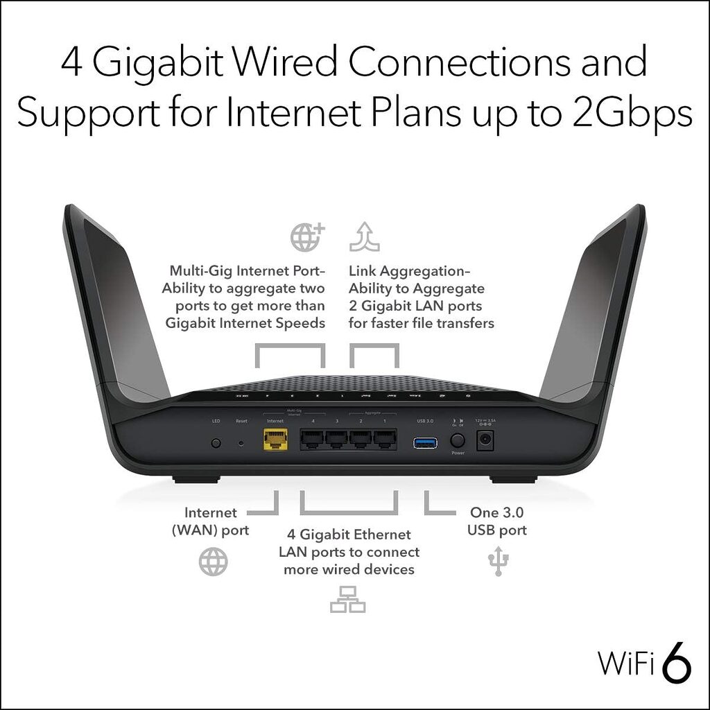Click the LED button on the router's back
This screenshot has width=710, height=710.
pos(216,442)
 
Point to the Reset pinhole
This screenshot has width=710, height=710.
pos(241,442)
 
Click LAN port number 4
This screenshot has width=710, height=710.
pos(312,439)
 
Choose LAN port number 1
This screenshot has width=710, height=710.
pos(384,439)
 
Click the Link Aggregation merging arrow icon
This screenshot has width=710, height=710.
pos(364,236)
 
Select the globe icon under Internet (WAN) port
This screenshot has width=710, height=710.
pos(213,561)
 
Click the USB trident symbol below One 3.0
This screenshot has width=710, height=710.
pos(497,561)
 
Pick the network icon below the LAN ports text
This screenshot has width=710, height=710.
pos(347,599)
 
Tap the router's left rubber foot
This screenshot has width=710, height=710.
pos(196,478)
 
